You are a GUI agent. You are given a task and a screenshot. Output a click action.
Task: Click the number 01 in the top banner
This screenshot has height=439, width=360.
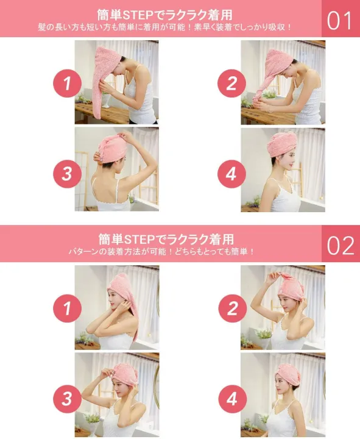tap(340, 20)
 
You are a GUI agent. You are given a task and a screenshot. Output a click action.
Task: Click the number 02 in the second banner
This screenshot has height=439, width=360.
tap(340, 245)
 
